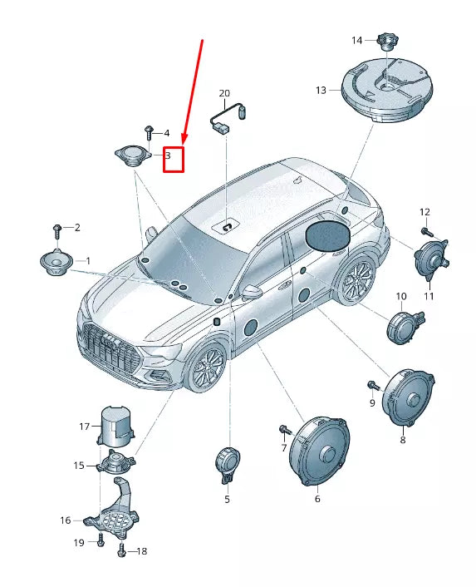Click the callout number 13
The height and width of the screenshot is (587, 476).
[x=321, y=89]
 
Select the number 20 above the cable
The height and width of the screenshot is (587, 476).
[x=223, y=93]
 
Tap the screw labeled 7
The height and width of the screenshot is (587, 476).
[x=283, y=429]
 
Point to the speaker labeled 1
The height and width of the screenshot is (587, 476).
[x=56, y=263]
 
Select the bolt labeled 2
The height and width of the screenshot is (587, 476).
[x=56, y=227]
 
